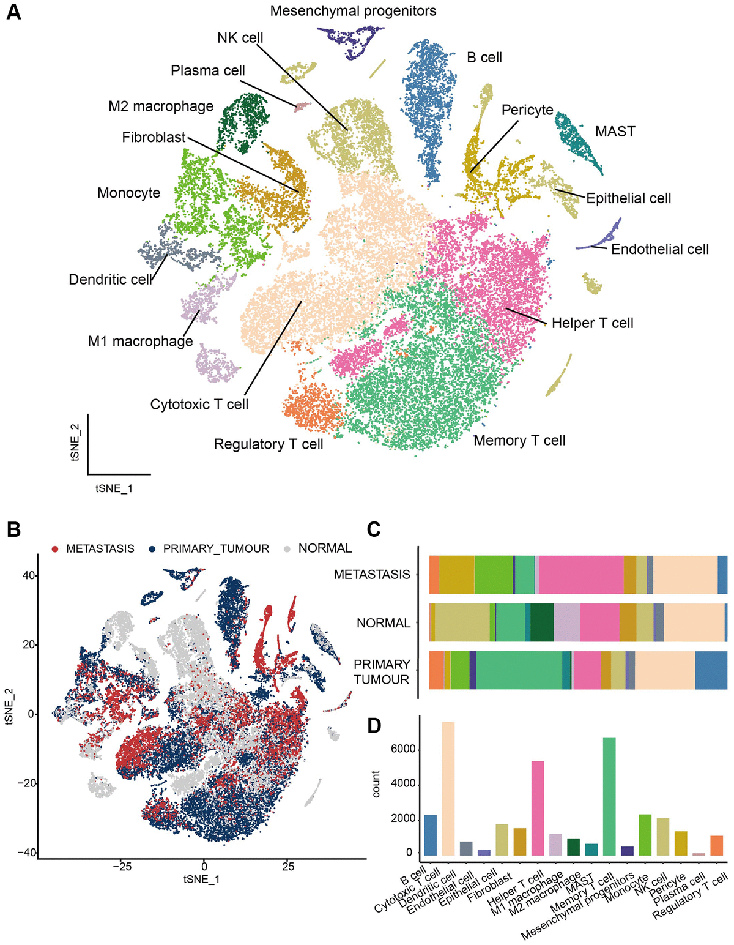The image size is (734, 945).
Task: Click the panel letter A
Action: [13, 12]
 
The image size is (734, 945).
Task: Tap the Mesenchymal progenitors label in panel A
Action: [353, 11]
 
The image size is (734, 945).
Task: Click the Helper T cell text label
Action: [592, 323]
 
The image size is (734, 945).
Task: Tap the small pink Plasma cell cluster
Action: [301, 107]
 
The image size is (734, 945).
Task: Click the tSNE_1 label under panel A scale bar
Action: [114, 488]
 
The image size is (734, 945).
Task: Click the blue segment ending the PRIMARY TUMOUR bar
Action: [711, 671]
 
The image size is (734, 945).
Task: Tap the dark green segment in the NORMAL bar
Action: [542, 622]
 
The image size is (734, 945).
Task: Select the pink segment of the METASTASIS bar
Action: [580, 575]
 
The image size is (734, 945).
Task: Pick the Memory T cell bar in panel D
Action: [609, 796]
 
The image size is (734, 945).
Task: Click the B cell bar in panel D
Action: [431, 835]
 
